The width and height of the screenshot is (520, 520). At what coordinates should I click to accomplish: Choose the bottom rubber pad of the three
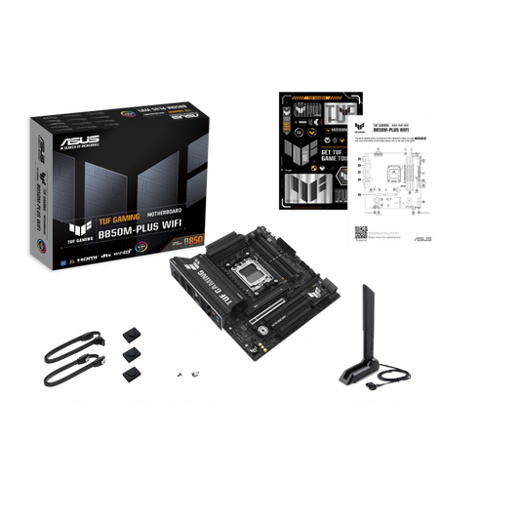tap(129, 372)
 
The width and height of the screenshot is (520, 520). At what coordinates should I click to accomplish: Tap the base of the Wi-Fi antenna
tap(364, 376)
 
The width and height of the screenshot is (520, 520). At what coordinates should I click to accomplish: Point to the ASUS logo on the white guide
tap(421, 238)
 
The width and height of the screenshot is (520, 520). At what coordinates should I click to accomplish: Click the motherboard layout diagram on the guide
tap(395, 180)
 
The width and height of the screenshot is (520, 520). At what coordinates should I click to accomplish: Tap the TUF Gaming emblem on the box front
tap(71, 233)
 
